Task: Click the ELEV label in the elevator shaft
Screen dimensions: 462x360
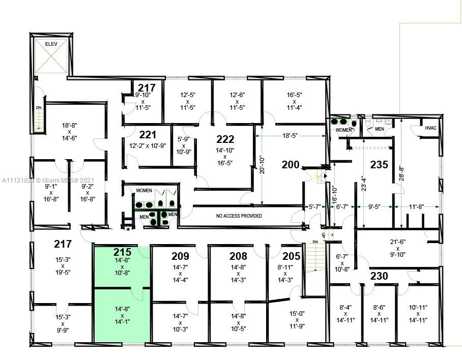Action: pos(51,44)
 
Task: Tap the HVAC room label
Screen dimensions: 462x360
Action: pos(430,128)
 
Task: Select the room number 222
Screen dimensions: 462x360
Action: pos(225,139)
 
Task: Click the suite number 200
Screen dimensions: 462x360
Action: pos(291,165)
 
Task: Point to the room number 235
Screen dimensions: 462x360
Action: pos(379,164)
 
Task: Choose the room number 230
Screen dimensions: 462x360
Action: pos(379,276)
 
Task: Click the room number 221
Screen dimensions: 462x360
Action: pos(148,135)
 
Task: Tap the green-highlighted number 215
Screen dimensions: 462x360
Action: pos(122,252)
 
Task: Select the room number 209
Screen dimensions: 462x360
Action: pos(180,256)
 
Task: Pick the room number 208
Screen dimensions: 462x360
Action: pos(238,256)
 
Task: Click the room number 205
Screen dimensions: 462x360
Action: pos(292,256)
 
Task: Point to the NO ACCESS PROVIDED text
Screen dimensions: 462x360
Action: pos(239,216)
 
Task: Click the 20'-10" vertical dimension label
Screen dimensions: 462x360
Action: pos(262,165)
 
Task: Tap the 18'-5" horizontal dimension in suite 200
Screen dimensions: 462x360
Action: pos(290,136)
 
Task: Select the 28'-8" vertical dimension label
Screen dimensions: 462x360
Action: pos(401,173)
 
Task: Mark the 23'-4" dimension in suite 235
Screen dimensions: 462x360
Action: pos(364,184)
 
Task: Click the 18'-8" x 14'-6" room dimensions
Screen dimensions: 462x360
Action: pos(70,132)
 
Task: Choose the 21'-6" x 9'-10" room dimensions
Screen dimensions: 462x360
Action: pos(398,248)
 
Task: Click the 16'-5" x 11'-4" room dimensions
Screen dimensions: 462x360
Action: pos(295,101)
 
